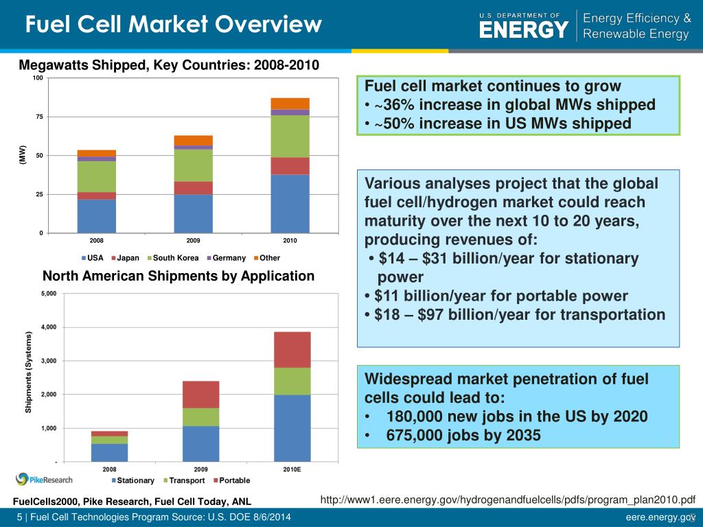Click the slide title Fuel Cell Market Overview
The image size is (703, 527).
coord(173,25)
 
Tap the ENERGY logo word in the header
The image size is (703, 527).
coord(523,30)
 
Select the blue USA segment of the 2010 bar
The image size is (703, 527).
coord(290,204)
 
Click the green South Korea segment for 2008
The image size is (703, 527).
coord(96,176)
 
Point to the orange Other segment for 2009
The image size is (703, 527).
coord(193,141)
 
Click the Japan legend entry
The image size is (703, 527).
coord(125,258)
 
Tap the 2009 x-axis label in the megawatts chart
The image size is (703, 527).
coord(193,241)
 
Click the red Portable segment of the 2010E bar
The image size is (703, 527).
coord(292,350)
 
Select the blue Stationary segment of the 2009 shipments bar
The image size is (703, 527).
coord(200,443)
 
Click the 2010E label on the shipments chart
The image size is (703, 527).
coord(292,470)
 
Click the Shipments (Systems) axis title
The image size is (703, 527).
coord(29,373)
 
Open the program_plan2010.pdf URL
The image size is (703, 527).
coord(508,500)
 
